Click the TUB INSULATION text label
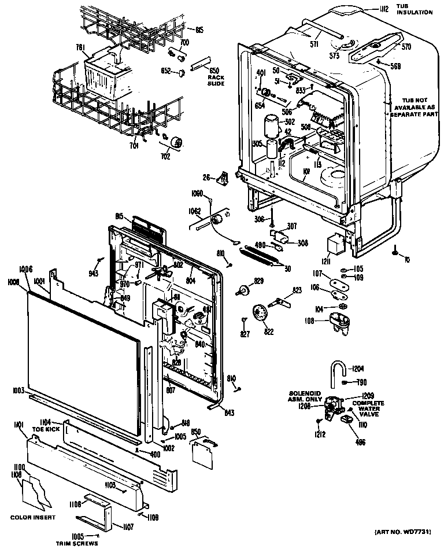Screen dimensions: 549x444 pos(414,9)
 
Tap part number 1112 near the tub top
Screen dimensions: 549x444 pos(383,9)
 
